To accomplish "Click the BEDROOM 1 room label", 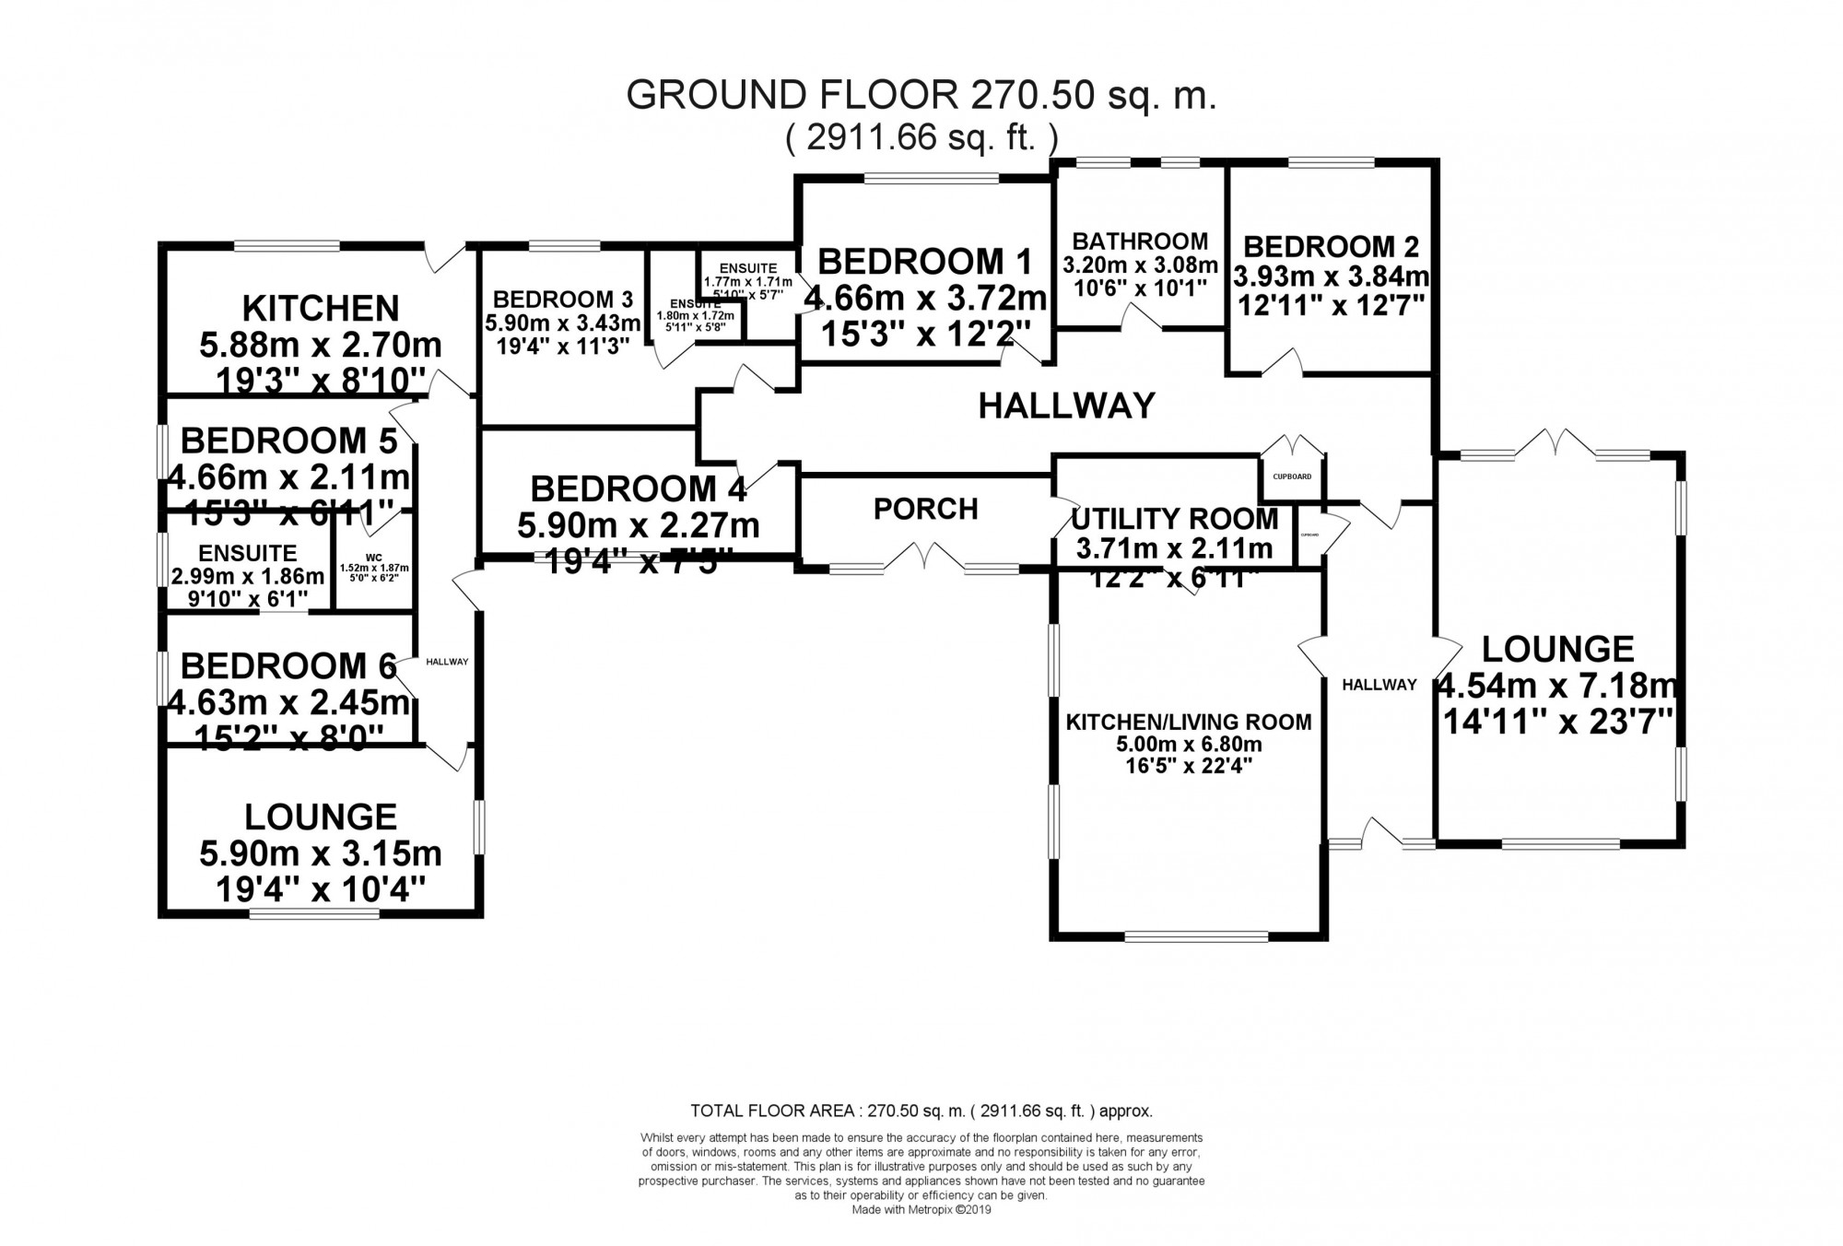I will pos(924,262).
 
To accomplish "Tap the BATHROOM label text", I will pos(1140,241).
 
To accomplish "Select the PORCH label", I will pos(925,509).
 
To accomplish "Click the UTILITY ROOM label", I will pos(1175,520).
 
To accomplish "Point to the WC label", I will pos(374,558).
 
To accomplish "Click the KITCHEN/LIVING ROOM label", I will pos(1189,722).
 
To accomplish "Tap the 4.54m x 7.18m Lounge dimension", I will pos(1557,687).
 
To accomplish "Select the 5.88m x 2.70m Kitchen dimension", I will pos(321,346).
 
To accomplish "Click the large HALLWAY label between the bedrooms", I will pos(1066,406).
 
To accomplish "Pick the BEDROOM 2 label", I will pos(1332,247).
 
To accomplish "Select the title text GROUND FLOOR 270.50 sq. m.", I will pos(921,96).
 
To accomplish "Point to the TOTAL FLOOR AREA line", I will pos(921,1111).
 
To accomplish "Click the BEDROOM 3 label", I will pos(563,300).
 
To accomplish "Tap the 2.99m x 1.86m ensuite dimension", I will pos(248,577).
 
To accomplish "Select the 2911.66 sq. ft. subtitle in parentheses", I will pos(921,138).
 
